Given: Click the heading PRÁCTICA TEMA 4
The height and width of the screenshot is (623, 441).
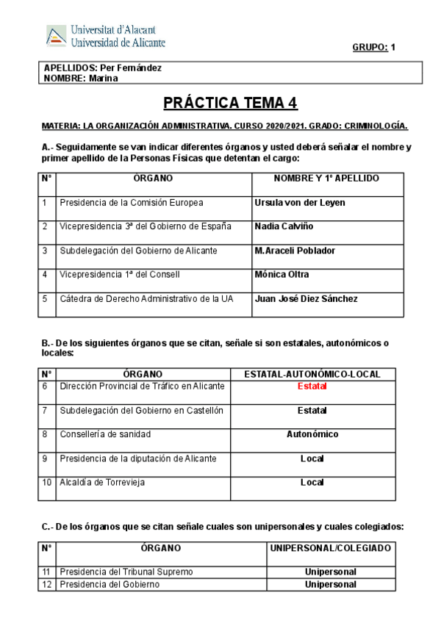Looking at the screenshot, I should [230, 102].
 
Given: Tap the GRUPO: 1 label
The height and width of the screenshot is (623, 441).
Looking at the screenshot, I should [374, 48].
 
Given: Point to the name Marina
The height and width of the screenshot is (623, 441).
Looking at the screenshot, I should [103, 79].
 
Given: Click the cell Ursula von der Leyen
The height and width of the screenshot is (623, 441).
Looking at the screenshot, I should [299, 203].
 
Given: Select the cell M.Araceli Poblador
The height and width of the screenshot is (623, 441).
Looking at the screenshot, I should [295, 251].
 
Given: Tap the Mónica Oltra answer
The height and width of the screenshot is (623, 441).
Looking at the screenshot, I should [282, 275].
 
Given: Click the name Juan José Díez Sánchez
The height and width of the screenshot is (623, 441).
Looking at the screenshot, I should [306, 299].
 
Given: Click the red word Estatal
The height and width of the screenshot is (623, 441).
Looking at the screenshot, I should [312, 386].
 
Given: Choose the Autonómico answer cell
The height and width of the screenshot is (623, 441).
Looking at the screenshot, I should [312, 434].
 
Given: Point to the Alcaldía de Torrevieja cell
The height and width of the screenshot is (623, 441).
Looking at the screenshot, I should [102, 483].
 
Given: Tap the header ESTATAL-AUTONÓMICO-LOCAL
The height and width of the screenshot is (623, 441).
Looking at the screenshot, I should [312, 374].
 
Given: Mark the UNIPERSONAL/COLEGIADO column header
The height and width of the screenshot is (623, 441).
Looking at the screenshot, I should [330, 548].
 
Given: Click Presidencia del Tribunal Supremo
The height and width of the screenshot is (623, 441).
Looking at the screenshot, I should [126, 572].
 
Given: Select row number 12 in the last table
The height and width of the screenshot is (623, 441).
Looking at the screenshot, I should [46, 585].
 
